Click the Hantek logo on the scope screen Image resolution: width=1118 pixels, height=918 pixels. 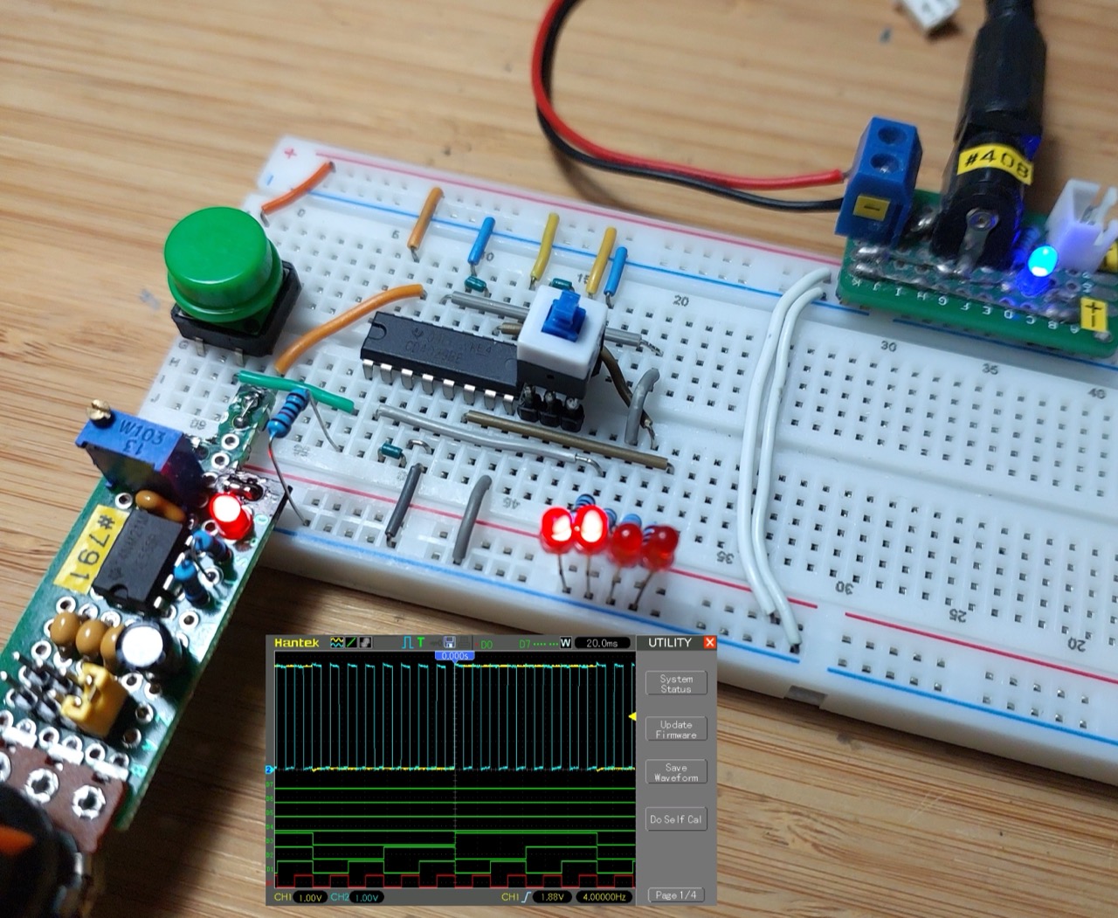tap(297, 643)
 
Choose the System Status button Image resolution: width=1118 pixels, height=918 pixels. tap(676, 684)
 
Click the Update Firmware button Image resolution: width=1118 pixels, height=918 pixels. tap(676, 729)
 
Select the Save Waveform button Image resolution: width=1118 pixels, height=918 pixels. tap(676, 772)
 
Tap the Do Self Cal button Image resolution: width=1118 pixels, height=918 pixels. tap(676, 819)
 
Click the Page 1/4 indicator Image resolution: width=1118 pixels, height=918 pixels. tap(676, 895)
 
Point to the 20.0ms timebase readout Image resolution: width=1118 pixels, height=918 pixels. tap(601, 644)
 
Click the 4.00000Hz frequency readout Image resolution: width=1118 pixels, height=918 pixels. tap(603, 897)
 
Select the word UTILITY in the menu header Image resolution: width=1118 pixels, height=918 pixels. tap(669, 643)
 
